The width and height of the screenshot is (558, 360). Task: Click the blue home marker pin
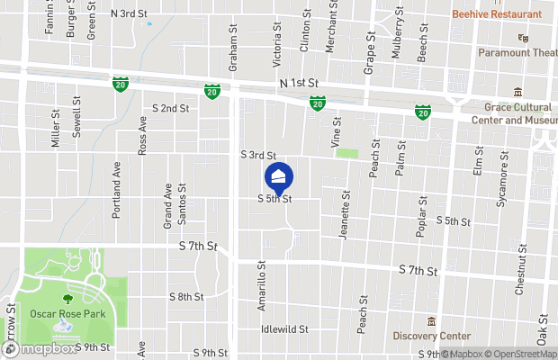coord(279,176)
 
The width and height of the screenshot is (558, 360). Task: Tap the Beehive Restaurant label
coord(498,14)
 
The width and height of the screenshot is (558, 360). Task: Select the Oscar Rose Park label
coord(67,313)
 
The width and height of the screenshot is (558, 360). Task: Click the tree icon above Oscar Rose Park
coord(67,298)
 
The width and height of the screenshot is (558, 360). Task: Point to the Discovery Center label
coord(431,336)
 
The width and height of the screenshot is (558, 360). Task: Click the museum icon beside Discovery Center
coord(431,321)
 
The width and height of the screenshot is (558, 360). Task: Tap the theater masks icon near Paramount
coord(520,38)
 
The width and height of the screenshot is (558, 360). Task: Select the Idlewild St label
coord(284,329)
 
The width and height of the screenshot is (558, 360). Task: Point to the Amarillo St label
coord(263,286)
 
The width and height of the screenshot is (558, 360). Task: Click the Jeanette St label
coord(344,215)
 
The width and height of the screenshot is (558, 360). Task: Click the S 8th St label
coord(186,296)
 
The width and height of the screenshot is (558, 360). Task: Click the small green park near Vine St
coord(346,153)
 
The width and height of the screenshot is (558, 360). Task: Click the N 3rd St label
coord(129,14)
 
